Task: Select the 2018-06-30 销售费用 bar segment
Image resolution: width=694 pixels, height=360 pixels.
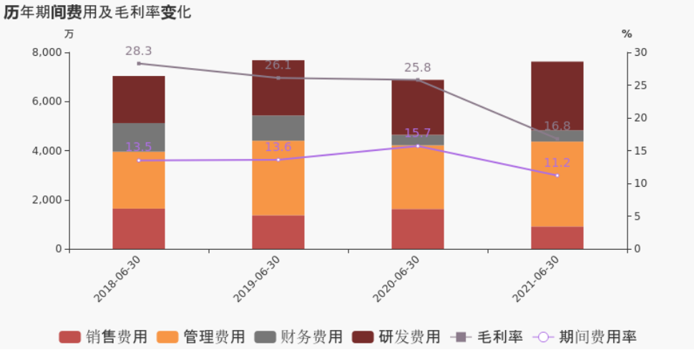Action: [139, 228]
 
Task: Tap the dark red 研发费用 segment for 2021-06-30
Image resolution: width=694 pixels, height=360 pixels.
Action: [557, 95]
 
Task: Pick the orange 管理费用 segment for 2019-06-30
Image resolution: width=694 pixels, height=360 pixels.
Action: [278, 177]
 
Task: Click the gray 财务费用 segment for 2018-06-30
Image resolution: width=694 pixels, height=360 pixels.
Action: [139, 137]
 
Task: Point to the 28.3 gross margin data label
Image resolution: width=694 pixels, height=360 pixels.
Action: [139, 51]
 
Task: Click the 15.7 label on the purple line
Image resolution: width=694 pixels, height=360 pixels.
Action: [418, 133]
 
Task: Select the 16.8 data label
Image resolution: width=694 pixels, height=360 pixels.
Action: [557, 126]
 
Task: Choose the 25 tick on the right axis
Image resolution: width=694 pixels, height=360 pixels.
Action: [641, 85]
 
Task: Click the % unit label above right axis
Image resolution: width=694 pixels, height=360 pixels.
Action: [627, 34]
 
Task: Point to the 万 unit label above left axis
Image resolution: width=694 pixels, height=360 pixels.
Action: [69, 34]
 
